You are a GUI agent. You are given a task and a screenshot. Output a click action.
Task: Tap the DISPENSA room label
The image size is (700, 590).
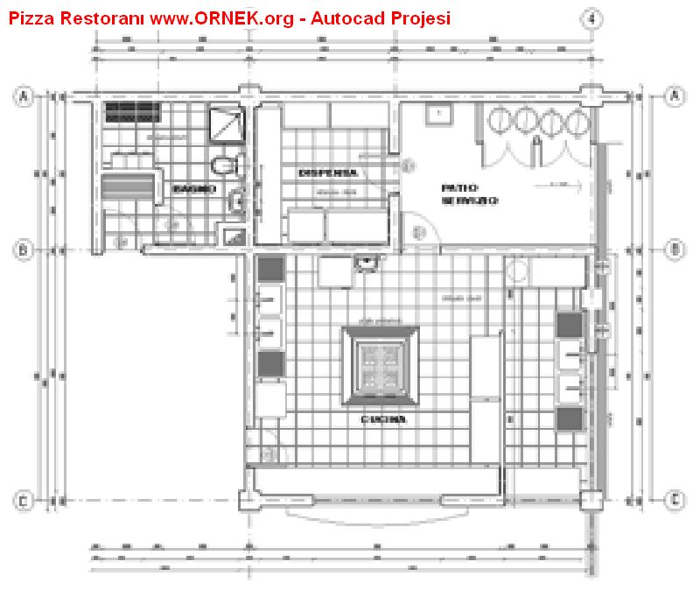pos(327,172)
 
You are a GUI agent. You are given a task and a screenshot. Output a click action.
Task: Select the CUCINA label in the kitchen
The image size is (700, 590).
pos(384,420)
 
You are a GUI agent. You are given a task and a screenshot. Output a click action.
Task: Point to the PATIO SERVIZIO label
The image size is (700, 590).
pos(469,194)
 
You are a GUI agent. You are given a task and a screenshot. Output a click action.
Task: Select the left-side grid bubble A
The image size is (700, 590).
pos(24,98)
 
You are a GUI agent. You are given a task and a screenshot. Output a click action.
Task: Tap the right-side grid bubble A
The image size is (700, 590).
pos(674,97)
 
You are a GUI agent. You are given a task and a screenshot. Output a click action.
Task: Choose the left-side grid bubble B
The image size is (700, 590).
pos(24,251)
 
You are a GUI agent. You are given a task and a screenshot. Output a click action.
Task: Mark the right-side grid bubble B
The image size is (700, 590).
pos(674,250)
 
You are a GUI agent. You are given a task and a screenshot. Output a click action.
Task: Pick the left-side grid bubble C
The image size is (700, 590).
pos(24,501)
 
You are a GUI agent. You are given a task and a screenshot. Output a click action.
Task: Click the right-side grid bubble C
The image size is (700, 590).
pos(674,501)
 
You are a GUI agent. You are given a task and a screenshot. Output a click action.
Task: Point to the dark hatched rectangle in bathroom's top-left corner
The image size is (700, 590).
pos(133,113)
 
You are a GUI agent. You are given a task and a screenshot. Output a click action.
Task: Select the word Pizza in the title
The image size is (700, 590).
pos(31,18)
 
